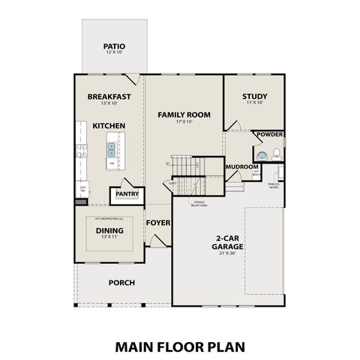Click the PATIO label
114,46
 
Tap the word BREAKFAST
109,97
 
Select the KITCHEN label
109,125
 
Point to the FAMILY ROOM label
184,115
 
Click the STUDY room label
255,97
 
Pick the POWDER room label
270,135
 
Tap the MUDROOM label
241,166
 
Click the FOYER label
158,223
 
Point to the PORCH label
121,283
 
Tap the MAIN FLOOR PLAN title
180,347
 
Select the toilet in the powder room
276,154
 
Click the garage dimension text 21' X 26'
226,254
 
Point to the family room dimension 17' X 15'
184,122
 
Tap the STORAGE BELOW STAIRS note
199,202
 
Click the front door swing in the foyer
155,241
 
